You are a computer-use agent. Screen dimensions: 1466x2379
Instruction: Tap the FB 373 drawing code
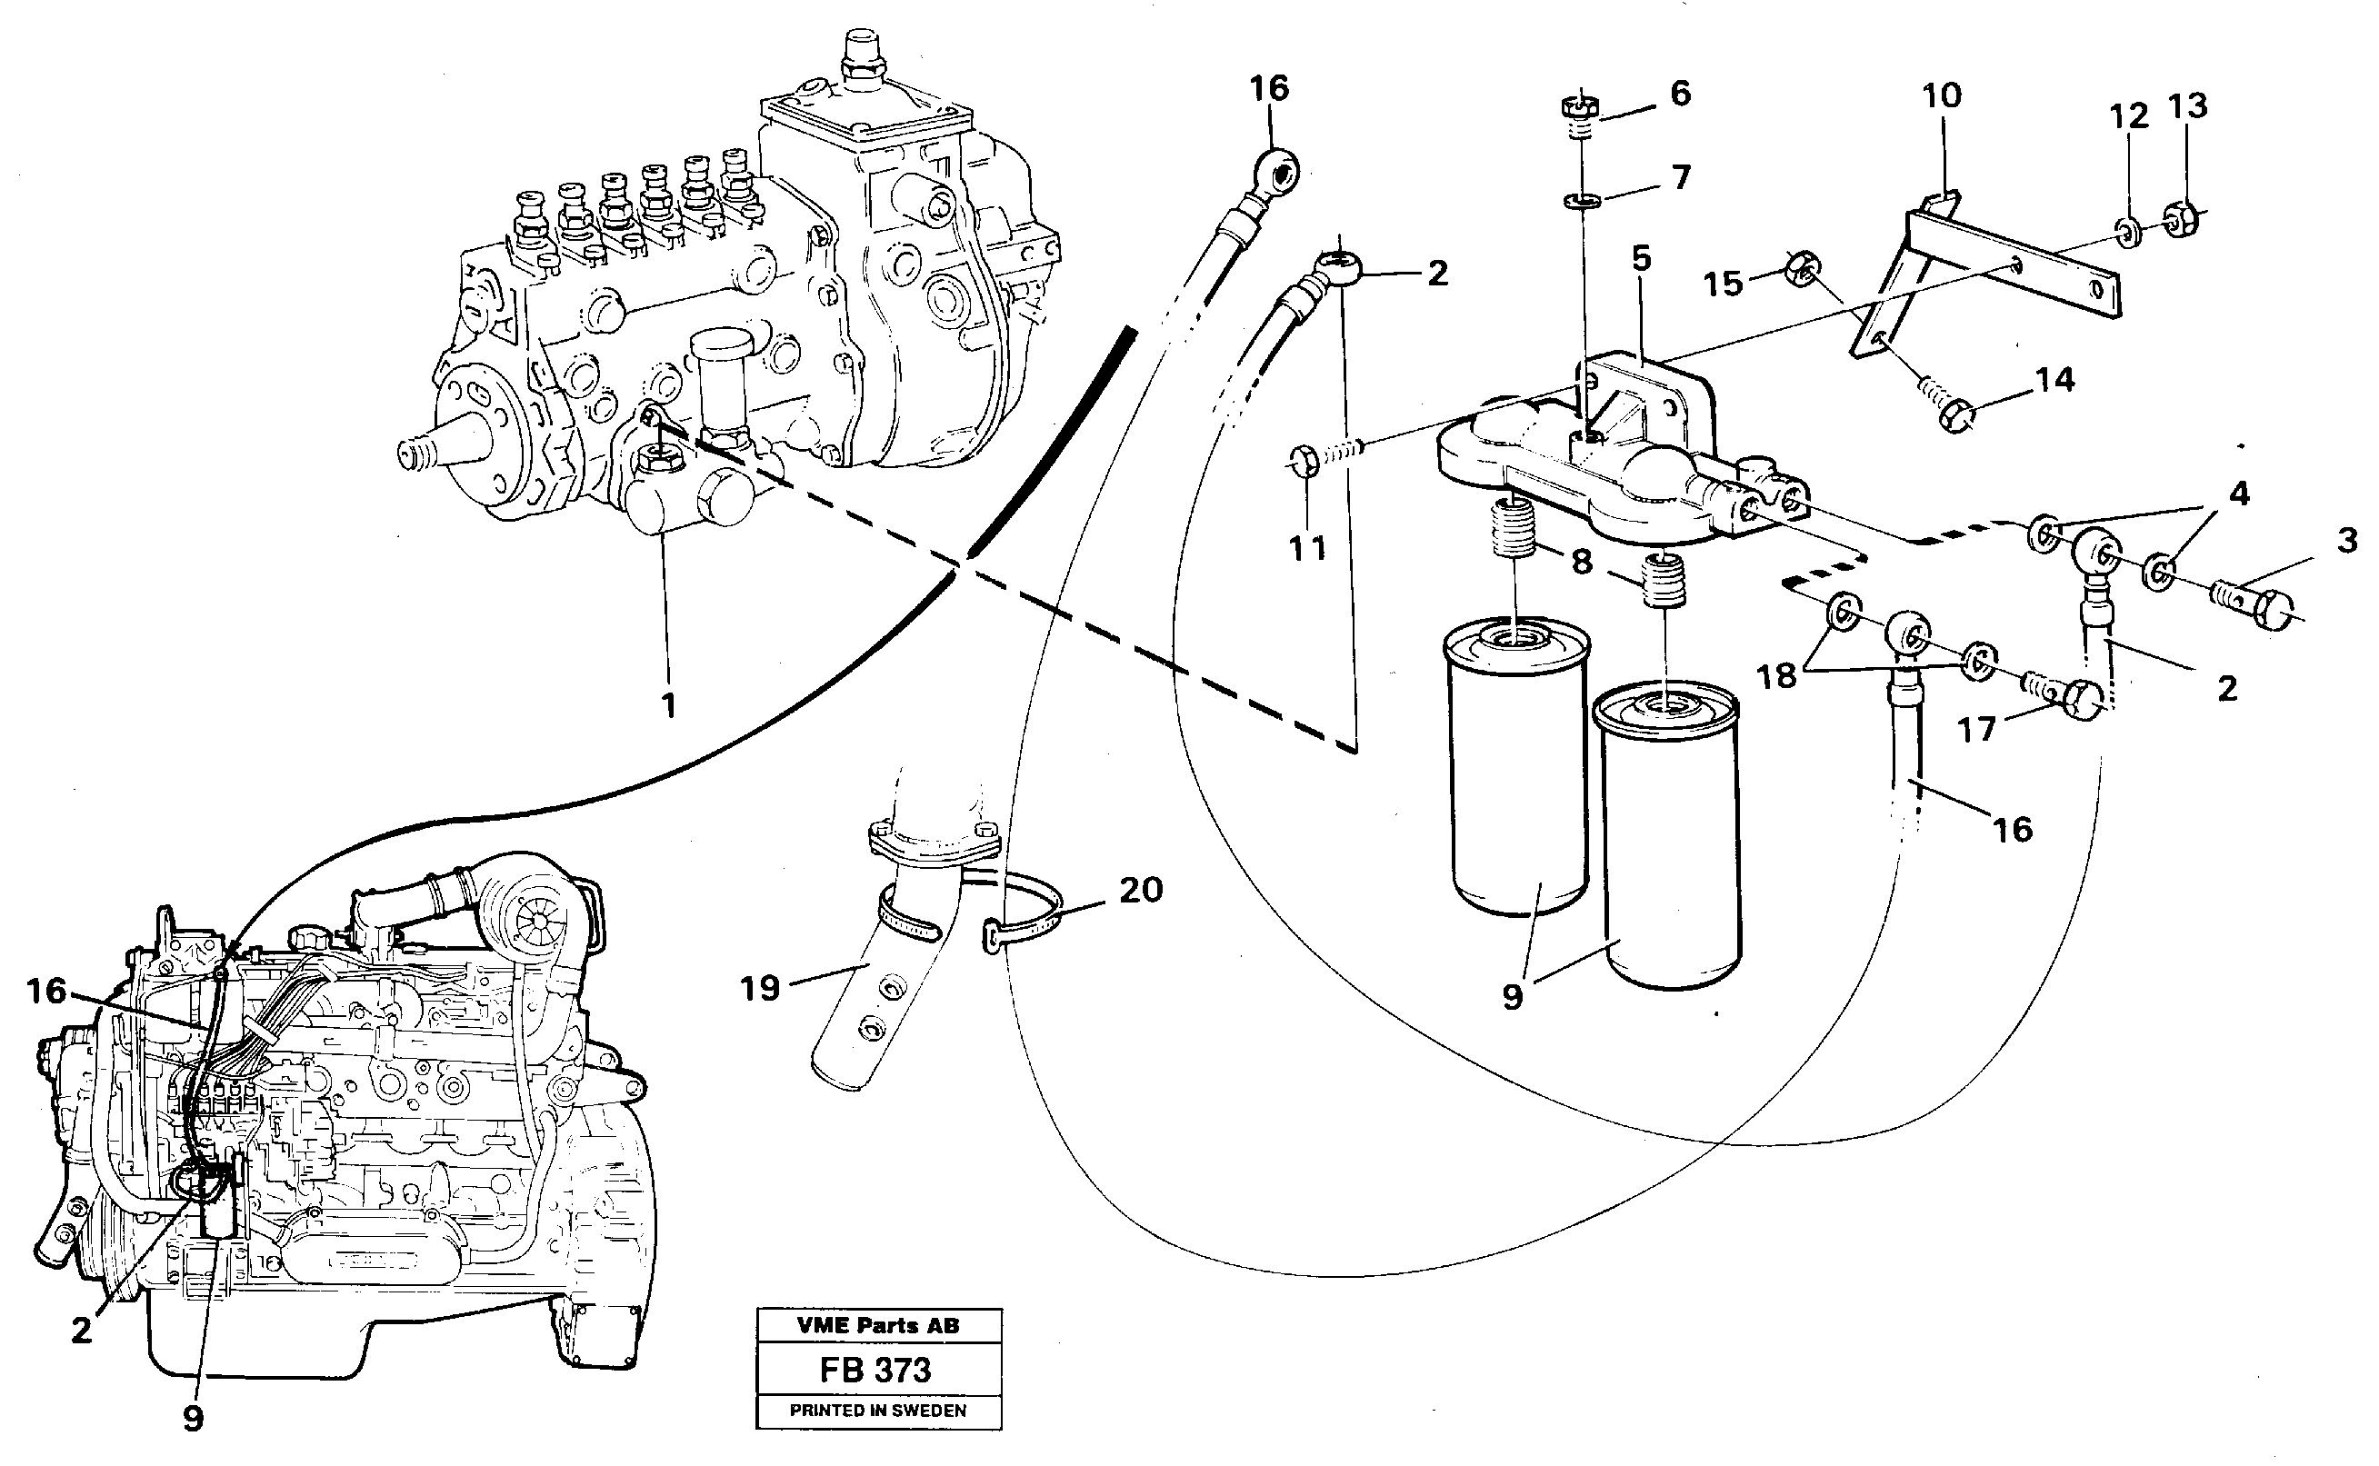[x=875, y=1370]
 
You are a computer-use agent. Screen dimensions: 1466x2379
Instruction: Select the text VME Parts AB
[x=878, y=1325]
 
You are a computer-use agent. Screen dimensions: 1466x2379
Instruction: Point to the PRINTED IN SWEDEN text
[x=878, y=1411]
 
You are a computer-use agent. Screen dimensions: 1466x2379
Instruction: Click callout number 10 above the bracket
[x=1941, y=95]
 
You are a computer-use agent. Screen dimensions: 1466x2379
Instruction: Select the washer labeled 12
[x=2128, y=233]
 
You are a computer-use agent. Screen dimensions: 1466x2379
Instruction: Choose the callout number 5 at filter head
[x=1641, y=259]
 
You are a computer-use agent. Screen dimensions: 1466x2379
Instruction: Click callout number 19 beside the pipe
[x=759, y=989]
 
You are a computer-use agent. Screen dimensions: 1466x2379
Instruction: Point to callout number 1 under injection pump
[x=668, y=705]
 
